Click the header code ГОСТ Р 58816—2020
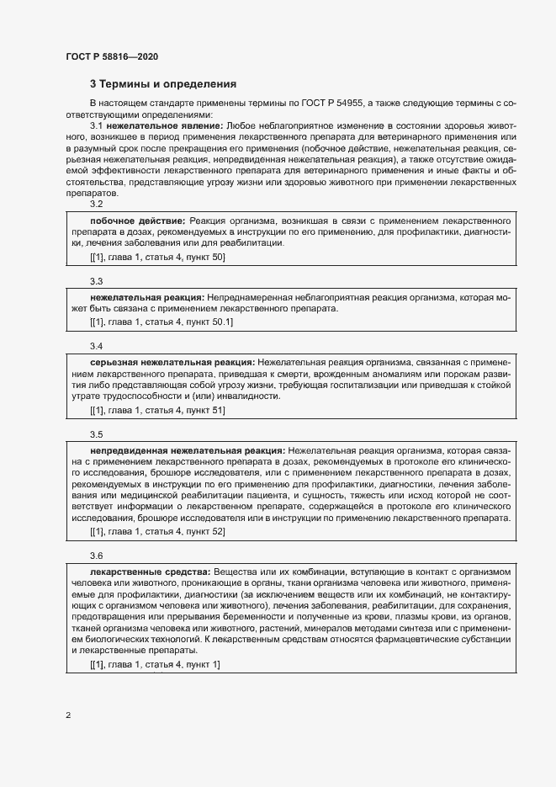tap(111, 57)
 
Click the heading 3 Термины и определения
tap(163, 84)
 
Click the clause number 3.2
tap(97, 205)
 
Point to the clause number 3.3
tap(97, 281)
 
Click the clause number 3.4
tap(97, 346)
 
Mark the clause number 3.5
tap(97, 434)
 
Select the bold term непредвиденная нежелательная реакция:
tap(187, 449)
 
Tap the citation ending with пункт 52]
tap(157, 532)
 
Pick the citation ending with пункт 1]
tap(155, 666)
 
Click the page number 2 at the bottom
tap(68, 716)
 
